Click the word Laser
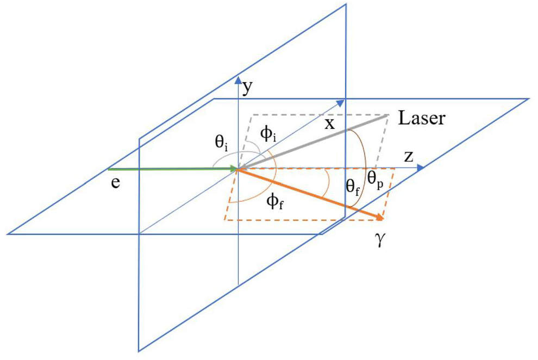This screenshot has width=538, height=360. point(422,118)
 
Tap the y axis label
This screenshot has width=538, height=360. point(247,88)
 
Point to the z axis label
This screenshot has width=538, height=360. point(409,157)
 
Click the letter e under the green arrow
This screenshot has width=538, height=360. point(116,183)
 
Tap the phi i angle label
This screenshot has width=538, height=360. point(268,133)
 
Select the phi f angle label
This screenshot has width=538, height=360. point(275,201)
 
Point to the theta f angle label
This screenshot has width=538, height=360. point(353,188)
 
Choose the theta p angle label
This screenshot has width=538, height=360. point(375,179)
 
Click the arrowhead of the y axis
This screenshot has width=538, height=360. point(238,80)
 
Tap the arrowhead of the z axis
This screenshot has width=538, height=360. point(420,168)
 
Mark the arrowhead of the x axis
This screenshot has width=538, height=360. point(340,103)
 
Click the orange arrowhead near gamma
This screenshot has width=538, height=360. point(379,217)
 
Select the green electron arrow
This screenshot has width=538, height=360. point(173,169)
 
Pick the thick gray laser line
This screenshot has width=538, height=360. point(312,142)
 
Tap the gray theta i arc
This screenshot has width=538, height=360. point(227,153)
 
